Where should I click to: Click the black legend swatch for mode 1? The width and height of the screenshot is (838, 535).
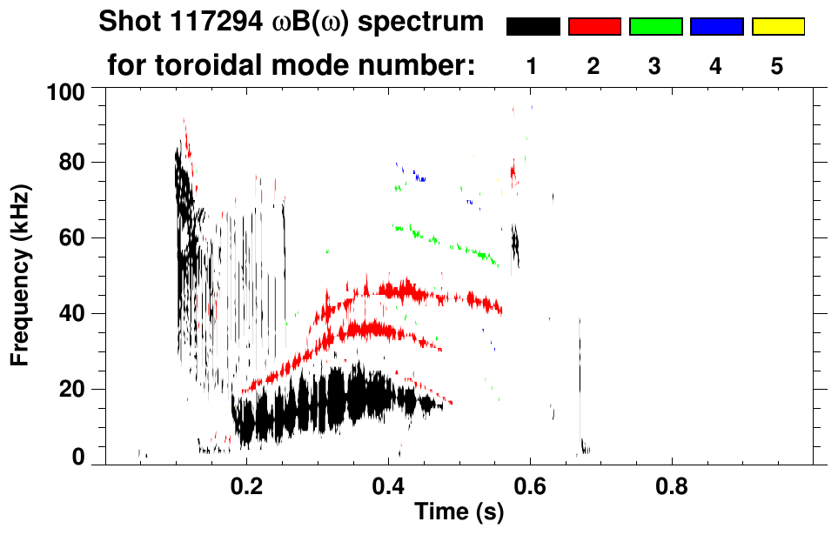click(533, 27)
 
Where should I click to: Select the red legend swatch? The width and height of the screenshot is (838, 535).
click(594, 27)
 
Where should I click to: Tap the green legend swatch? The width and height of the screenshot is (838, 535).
click(655, 27)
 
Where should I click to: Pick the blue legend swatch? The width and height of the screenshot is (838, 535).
click(716, 27)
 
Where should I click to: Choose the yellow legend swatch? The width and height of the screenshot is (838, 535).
click(778, 27)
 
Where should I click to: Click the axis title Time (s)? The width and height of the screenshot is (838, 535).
click(458, 513)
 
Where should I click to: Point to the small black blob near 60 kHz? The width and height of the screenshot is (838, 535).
click(514, 241)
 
